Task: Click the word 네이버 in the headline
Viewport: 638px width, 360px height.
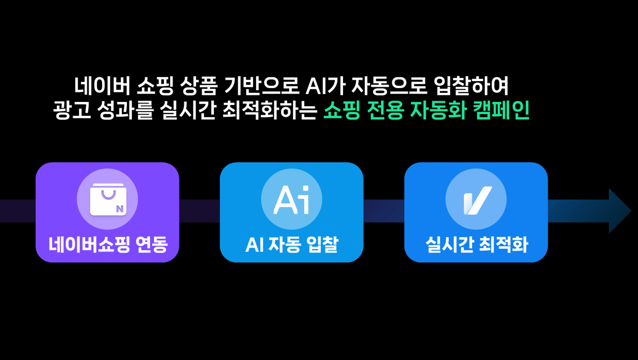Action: pyautogui.click(x=102, y=86)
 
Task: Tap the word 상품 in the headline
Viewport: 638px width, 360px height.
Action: pyautogui.click(x=199, y=86)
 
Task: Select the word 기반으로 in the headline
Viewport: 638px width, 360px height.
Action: pyautogui.click(x=262, y=86)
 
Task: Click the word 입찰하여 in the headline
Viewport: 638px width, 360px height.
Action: pyautogui.click(x=471, y=86)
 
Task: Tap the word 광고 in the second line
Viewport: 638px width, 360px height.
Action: pyautogui.click(x=72, y=110)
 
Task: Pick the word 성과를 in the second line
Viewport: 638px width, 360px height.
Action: pyautogui.click(x=125, y=110)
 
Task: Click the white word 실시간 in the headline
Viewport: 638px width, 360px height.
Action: pyautogui.click(x=188, y=110)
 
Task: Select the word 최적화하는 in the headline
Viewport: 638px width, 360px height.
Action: pyautogui.click(x=270, y=110)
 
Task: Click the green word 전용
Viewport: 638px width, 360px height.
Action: pyautogui.click(x=385, y=110)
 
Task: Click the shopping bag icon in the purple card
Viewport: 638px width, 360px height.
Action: pyautogui.click(x=108, y=199)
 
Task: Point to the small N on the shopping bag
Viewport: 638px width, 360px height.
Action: pyautogui.click(x=120, y=209)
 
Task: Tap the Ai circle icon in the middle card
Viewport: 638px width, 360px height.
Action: pyautogui.click(x=292, y=199)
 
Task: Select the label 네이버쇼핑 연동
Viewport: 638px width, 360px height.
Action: pyautogui.click(x=108, y=245)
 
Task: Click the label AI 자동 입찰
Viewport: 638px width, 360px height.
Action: pyautogui.click(x=292, y=245)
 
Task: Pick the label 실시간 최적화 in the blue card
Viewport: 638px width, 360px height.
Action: pyautogui.click(x=477, y=245)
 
